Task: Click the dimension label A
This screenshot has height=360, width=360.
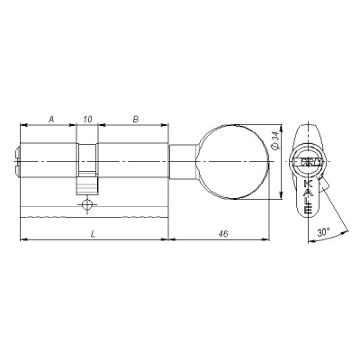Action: point(50,118)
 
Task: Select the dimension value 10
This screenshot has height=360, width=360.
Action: point(87,118)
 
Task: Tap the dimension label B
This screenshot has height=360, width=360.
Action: point(134,118)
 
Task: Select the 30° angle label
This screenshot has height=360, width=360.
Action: point(323,231)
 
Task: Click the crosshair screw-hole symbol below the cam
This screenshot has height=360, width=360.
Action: point(86,205)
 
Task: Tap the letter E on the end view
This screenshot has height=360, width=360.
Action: point(309,208)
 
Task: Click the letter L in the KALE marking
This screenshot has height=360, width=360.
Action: point(309,198)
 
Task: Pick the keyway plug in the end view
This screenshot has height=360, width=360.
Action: point(309,163)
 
